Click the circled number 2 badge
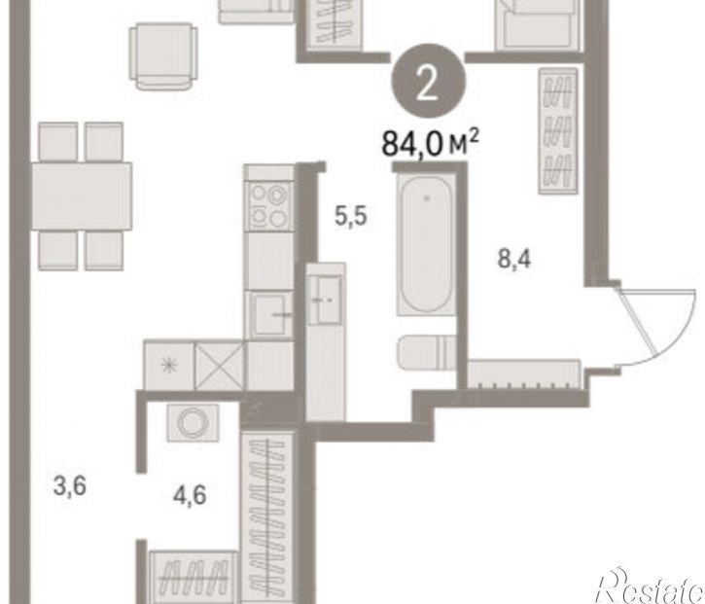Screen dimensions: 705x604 click(428, 81)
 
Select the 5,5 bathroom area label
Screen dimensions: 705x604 click(351, 216)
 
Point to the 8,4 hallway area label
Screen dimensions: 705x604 click(514, 259)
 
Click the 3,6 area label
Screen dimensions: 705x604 click(69, 486)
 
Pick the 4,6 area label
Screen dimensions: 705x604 click(190, 496)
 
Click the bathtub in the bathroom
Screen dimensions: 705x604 click(426, 244)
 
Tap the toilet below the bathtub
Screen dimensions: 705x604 click(426, 352)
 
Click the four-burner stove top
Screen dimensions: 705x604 click(269, 206)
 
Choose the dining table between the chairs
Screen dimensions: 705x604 click(82, 196)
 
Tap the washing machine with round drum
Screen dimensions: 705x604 click(193, 422)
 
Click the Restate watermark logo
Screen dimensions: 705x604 click(651, 586)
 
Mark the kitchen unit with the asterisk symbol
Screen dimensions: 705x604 click(169, 365)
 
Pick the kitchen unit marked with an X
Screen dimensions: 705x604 click(220, 365)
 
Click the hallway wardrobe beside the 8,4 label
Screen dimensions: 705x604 click(558, 131)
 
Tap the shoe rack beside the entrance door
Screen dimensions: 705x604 click(524, 373)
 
